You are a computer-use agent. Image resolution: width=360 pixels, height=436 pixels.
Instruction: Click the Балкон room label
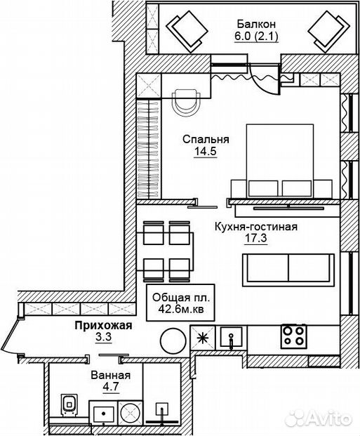256,24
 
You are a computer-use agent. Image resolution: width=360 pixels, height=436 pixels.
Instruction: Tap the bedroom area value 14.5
205,152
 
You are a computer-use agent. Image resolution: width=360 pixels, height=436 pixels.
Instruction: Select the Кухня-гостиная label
256,227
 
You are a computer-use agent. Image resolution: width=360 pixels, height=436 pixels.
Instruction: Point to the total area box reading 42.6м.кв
180,303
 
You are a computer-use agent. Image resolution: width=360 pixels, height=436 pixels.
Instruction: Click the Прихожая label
103,325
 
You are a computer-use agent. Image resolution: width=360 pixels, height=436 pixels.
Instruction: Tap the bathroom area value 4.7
111,387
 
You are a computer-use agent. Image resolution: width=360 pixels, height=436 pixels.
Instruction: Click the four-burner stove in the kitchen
293,336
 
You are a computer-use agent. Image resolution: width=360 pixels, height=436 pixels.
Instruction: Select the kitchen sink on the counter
232,337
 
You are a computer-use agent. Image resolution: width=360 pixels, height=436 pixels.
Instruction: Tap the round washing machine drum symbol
131,412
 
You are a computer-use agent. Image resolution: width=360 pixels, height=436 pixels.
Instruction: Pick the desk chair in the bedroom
186,101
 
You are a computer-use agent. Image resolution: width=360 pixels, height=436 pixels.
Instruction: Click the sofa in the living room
288,270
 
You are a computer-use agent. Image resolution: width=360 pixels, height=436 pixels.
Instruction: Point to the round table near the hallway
173,340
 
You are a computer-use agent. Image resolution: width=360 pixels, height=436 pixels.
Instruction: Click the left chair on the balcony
187,32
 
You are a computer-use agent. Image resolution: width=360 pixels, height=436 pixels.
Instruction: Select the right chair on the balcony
329,32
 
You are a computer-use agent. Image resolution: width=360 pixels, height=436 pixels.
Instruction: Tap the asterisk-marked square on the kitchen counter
203,338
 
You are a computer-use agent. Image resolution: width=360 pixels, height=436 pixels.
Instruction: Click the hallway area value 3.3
103,338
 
